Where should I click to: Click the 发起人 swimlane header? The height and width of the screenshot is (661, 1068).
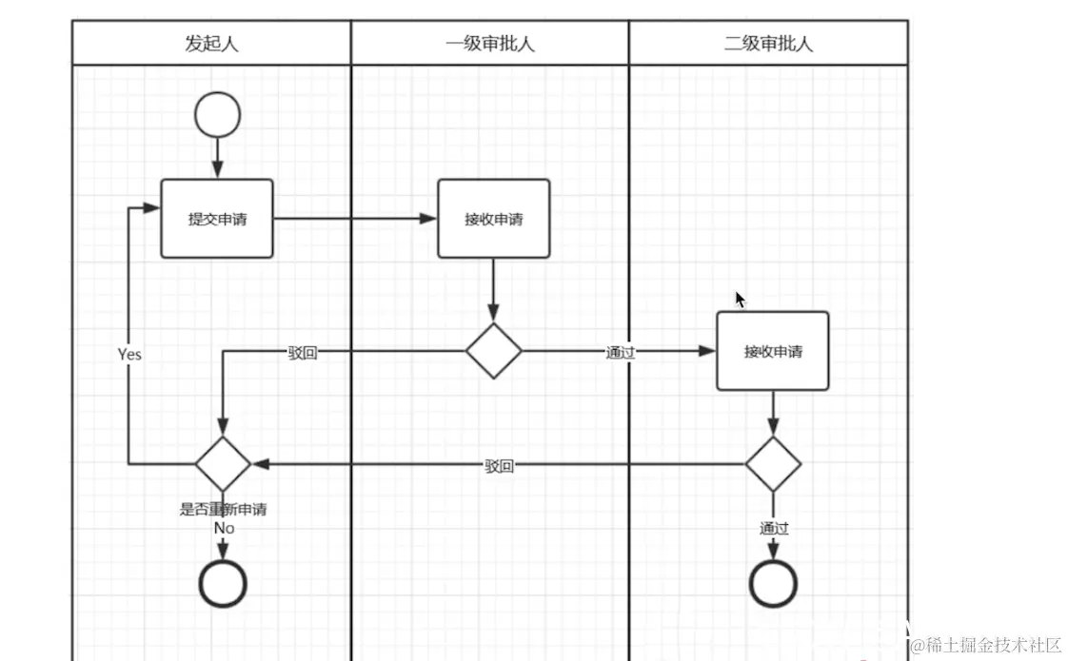tap(211, 44)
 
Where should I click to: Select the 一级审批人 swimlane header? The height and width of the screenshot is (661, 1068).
tap(489, 44)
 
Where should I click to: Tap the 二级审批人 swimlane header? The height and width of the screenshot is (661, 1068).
tap(768, 44)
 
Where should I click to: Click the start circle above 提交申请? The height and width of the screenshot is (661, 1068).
tap(217, 115)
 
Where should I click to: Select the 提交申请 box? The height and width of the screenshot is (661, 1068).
tap(217, 219)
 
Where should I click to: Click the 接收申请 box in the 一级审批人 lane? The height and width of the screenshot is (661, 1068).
tap(493, 219)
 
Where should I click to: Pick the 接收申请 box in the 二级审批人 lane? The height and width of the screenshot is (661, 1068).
tap(772, 351)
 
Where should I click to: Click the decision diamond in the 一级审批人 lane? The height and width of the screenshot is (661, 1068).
tap(493, 351)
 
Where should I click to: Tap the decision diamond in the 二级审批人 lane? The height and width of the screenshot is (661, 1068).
tap(772, 465)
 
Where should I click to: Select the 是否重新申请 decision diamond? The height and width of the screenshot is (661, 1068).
tap(223, 464)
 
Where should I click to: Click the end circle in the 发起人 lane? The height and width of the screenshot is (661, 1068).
tap(223, 583)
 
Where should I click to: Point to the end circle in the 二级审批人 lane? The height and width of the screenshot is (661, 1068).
tap(772, 583)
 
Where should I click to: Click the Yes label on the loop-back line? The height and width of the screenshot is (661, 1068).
tap(129, 354)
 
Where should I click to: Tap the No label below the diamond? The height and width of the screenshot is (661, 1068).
tap(224, 528)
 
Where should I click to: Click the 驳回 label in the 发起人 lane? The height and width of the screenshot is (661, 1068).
tap(303, 353)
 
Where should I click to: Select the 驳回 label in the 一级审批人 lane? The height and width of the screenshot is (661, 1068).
tap(499, 466)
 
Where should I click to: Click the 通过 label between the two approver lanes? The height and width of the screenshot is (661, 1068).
tap(620, 353)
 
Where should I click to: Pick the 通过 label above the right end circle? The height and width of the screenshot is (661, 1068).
tap(774, 529)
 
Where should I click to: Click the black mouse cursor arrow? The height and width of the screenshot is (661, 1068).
tap(740, 300)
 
